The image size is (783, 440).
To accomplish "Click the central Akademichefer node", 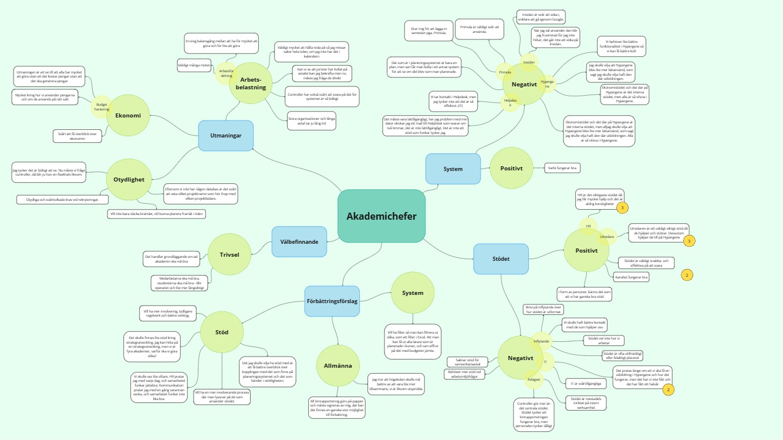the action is point(382,216).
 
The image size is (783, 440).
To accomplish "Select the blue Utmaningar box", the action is point(225,136).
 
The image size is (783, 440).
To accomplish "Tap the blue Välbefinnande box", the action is point(299,241).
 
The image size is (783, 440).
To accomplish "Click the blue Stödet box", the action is point(501,259).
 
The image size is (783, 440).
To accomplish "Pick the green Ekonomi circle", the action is point(128,115).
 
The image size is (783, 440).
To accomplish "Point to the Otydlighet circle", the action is point(128,179).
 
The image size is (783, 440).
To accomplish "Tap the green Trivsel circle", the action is point(230,254).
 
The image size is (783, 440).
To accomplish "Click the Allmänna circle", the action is point(338,366).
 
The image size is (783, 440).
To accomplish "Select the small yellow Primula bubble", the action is point(505,72).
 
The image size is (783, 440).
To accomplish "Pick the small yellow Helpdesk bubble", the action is point(510,102).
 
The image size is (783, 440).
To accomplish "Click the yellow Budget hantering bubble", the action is point(102,106).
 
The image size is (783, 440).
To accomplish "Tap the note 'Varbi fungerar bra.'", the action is point(562,168).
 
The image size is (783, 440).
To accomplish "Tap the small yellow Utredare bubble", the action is point(607,236).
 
